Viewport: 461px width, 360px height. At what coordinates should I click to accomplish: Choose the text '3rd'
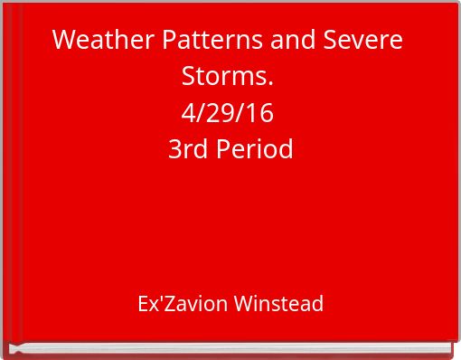pyautogui.click(x=187, y=148)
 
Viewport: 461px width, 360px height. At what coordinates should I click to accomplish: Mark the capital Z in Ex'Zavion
pyautogui.click(x=169, y=304)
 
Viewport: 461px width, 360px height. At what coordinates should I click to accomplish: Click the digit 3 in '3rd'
pyautogui.click(x=174, y=148)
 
